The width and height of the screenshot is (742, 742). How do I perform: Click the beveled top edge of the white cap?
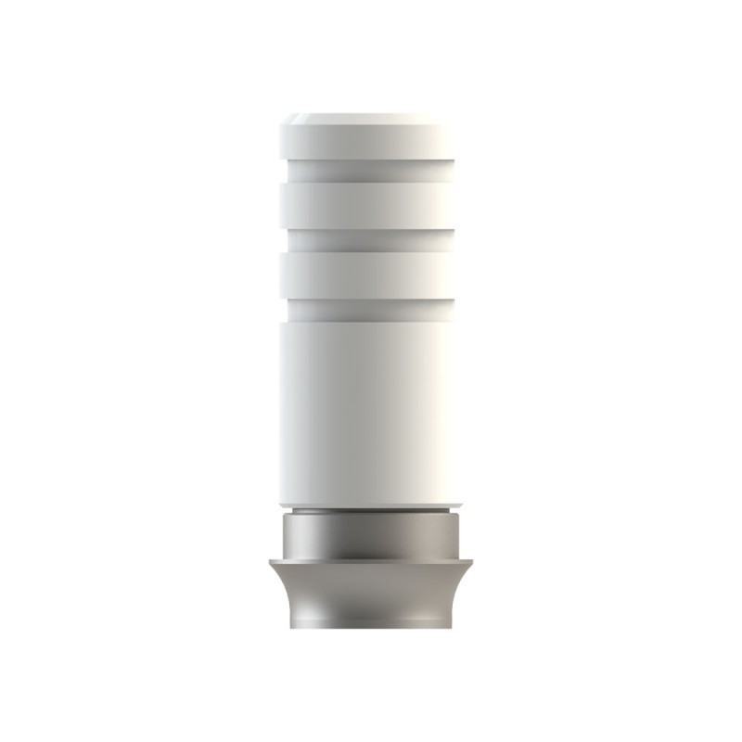(x=371, y=119)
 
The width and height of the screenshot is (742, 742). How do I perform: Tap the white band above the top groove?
(x=371, y=141)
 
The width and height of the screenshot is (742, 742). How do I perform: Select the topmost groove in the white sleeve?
(x=371, y=170)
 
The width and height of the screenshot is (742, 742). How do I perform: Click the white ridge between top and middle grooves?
(x=371, y=204)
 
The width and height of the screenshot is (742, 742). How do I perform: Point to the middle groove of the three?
(x=371, y=240)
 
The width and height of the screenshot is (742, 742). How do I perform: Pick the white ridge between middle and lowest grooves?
(x=371, y=275)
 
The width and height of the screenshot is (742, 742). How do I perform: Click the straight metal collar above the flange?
(x=371, y=536)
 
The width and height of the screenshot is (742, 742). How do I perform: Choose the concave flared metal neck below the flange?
(x=371, y=594)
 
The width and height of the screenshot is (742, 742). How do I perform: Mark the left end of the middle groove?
(x=289, y=240)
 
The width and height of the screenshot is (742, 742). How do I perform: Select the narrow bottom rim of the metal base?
(x=371, y=624)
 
